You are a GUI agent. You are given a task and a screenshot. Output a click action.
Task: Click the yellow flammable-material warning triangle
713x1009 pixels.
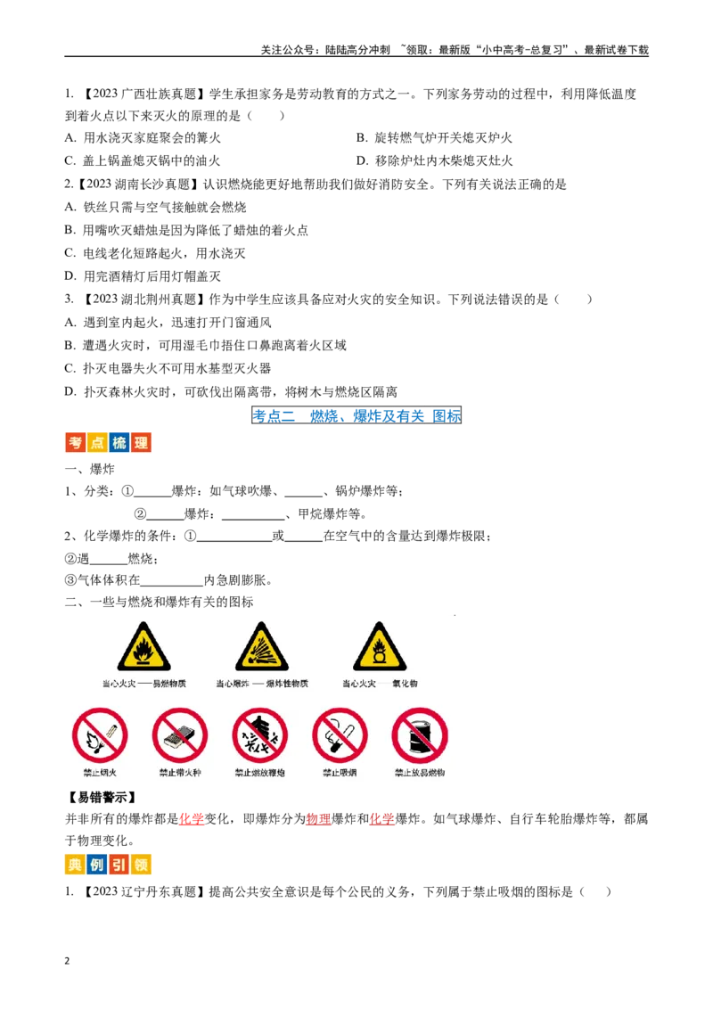(x=144, y=649)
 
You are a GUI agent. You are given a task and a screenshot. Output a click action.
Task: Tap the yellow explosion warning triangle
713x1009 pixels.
(x=262, y=649)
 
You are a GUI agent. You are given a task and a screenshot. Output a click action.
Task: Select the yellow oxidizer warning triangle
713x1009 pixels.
(x=380, y=649)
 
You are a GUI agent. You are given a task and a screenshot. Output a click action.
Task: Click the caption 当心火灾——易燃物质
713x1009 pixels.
(x=144, y=684)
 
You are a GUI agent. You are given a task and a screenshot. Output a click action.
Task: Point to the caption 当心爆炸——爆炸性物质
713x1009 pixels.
(x=262, y=684)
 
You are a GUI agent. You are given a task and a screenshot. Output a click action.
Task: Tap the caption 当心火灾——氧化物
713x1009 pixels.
(x=380, y=684)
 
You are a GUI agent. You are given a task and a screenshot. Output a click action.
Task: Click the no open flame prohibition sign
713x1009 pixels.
(x=100, y=735)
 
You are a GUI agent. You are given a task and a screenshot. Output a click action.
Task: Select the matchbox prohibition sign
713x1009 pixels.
(x=180, y=735)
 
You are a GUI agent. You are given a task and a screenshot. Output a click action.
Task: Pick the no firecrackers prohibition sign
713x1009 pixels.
(x=260, y=735)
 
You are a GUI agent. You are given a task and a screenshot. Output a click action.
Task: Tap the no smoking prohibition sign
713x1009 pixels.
(x=340, y=735)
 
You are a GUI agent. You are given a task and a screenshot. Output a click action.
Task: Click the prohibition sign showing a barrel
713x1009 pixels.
(x=420, y=735)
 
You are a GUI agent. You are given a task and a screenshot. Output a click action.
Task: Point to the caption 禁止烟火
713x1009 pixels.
(x=100, y=773)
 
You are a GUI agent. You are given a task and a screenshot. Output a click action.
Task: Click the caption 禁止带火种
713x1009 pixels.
(x=180, y=773)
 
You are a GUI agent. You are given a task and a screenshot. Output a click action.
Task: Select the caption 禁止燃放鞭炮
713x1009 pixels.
(x=260, y=773)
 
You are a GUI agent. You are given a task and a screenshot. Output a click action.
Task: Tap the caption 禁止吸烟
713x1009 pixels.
(x=340, y=773)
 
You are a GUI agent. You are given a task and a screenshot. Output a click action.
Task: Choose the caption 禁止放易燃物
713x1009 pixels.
(x=420, y=773)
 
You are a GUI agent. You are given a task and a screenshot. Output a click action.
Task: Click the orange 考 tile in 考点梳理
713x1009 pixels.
(x=74, y=442)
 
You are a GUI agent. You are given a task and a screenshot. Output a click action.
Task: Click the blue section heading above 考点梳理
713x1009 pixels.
(x=356, y=415)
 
